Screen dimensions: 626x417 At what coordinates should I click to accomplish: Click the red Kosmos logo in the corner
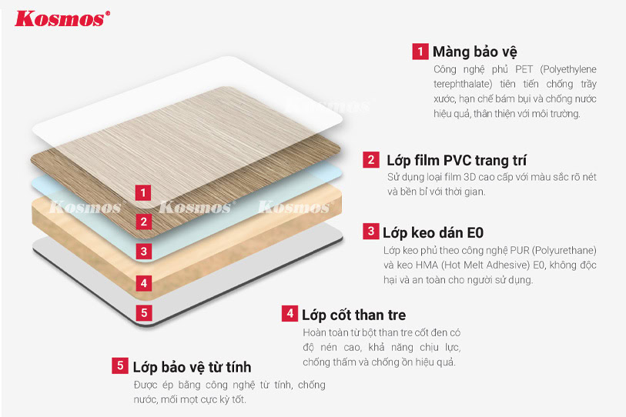tap(62, 19)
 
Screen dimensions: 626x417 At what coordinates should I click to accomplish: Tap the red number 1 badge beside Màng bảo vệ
tap(420, 52)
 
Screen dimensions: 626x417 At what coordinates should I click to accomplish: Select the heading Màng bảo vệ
tap(474, 52)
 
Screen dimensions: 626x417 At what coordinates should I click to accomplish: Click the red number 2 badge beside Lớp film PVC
tap(371, 159)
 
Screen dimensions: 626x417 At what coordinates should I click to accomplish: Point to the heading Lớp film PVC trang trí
tap(457, 161)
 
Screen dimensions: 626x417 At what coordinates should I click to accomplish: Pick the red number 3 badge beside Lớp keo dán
tap(371, 231)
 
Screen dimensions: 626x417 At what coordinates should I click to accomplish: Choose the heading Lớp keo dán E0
tap(434, 232)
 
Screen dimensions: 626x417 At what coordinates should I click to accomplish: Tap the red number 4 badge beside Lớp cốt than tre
tap(290, 314)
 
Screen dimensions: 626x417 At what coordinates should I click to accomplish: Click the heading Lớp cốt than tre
tap(353, 315)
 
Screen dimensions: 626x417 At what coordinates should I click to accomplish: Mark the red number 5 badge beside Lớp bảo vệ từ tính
tap(120, 365)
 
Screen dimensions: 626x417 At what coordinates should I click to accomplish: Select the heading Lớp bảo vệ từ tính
tap(192, 367)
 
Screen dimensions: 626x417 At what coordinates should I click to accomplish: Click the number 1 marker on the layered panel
tap(143, 193)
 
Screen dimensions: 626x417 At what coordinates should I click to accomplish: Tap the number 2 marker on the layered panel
tap(144, 222)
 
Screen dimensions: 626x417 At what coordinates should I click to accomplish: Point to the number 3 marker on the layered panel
tap(144, 252)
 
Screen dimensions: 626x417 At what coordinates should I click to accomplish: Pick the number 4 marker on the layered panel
tap(144, 283)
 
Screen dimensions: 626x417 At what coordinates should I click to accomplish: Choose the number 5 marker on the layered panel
tap(144, 313)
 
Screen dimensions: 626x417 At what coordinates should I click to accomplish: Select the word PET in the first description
tap(524, 69)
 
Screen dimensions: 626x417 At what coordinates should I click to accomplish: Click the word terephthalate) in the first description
tap(463, 84)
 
